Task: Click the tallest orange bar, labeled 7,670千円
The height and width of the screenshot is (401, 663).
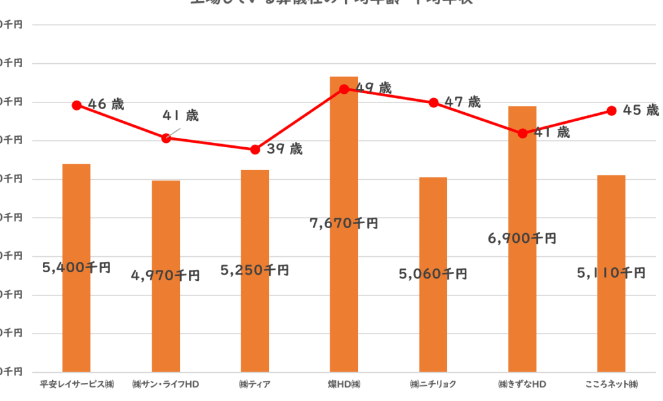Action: coord(344,184)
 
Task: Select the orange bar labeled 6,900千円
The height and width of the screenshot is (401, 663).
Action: coord(522,184)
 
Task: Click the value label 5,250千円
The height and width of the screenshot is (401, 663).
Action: coord(254,270)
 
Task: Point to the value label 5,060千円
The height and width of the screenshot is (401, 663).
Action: coord(433,274)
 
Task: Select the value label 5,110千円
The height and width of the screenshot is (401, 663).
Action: coord(611,273)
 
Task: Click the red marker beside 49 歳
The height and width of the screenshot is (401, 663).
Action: coord(344,89)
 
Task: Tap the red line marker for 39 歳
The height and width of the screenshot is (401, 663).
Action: coord(255,150)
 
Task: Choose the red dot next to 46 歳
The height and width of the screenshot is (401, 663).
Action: coord(77,105)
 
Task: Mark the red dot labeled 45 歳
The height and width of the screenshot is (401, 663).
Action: coord(611,110)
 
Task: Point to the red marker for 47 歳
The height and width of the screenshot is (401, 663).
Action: coord(433,102)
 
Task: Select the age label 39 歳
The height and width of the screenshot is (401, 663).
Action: coord(285,149)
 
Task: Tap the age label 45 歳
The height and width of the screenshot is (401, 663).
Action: coord(640,110)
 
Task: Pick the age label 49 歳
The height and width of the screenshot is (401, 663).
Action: coord(373,88)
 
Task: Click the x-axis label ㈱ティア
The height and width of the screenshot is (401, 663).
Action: coord(255,385)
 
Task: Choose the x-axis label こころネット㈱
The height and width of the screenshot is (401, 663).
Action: coord(611,385)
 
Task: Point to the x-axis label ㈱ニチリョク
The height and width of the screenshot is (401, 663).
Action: coord(433,385)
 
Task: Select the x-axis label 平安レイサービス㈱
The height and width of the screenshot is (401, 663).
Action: coord(77,385)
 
